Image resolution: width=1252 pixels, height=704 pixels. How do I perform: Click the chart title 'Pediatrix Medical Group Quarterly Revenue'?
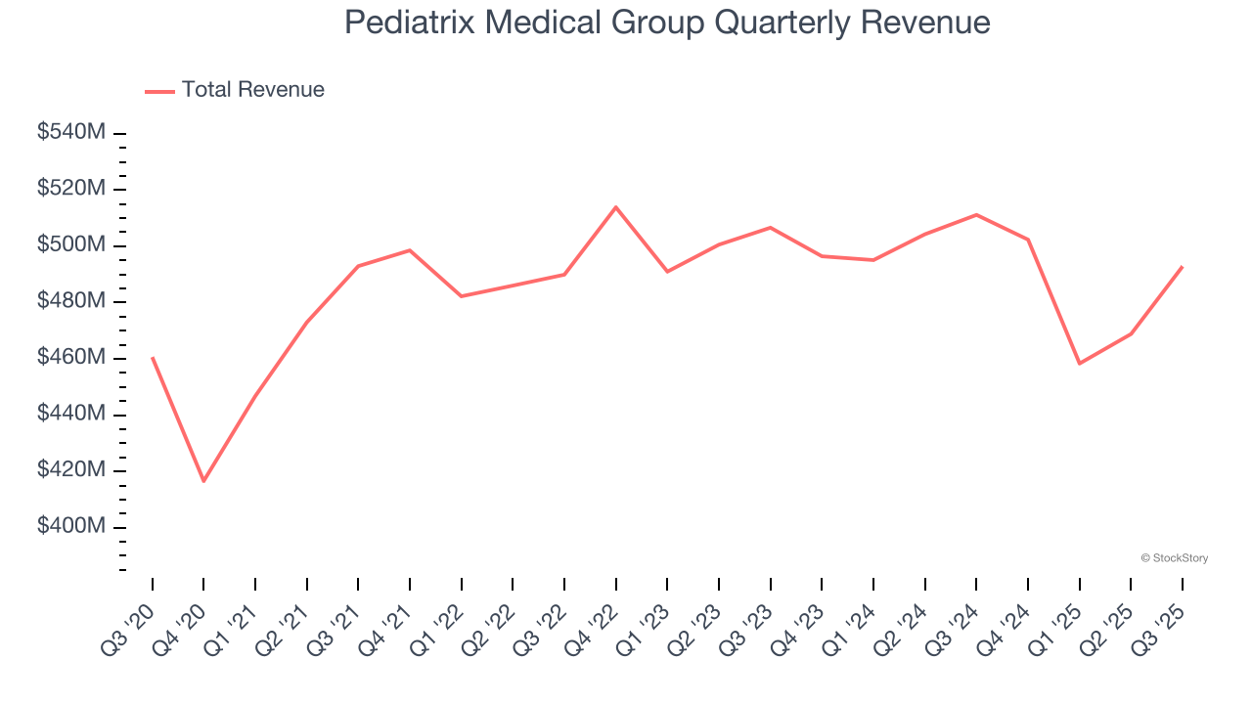click(667, 22)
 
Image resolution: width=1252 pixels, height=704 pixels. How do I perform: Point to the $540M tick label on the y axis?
click(70, 132)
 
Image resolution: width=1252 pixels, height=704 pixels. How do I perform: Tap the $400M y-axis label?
click(70, 527)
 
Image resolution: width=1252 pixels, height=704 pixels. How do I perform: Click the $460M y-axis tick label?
click(70, 358)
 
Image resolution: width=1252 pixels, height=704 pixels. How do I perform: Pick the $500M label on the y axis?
click(70, 244)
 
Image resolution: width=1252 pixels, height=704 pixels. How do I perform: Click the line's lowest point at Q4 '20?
click(203, 481)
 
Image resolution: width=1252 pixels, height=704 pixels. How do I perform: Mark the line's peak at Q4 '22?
click(616, 206)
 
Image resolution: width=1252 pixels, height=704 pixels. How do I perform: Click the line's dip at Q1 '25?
click(1079, 364)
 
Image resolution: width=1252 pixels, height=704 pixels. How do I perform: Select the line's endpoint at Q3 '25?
click(1182, 266)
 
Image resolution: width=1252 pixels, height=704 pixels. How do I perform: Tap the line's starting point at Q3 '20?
click(153, 357)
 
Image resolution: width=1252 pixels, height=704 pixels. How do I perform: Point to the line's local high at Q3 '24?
click(976, 214)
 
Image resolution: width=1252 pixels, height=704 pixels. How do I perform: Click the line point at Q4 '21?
click(410, 249)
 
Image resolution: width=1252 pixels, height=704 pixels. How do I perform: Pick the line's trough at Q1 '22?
click(462, 296)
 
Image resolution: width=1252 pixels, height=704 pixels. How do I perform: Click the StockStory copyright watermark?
click(1174, 558)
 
